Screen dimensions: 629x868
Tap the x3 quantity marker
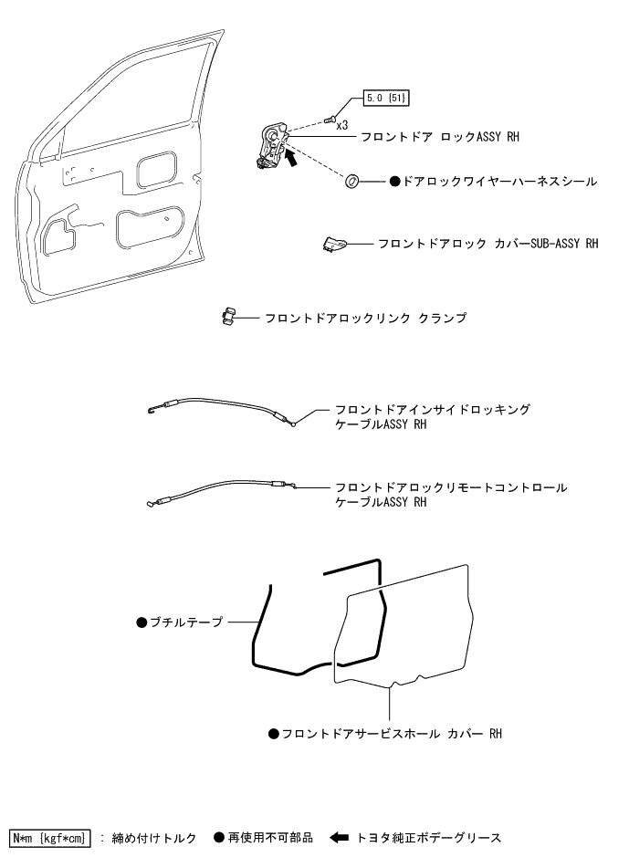(x=341, y=125)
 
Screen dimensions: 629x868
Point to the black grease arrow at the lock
(x=293, y=158)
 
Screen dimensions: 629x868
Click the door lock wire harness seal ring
(x=351, y=182)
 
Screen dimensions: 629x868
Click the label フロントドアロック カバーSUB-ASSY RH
(x=488, y=244)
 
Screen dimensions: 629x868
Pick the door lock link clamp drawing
(x=227, y=317)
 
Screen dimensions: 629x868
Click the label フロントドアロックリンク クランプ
(x=365, y=318)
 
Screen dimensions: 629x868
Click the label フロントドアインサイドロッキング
(x=432, y=410)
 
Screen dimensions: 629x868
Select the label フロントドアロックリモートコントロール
(x=450, y=487)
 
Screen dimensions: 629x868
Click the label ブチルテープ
(x=185, y=622)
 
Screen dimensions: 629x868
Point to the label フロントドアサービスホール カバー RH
(x=392, y=733)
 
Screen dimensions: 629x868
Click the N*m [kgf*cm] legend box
(x=50, y=836)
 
